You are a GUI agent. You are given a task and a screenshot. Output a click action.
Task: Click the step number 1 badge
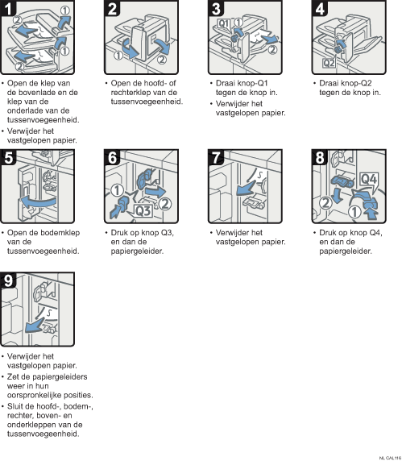point(8,8)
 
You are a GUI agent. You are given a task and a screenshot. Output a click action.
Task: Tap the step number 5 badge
point(8,157)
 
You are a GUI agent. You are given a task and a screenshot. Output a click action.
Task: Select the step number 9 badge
point(8,280)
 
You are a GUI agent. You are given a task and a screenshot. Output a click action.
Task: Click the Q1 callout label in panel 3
point(224,23)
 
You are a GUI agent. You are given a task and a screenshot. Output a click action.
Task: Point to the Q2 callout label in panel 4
point(329,63)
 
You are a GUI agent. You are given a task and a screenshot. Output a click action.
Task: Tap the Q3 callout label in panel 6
point(143,210)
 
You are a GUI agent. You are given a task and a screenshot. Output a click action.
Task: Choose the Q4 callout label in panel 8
point(369,179)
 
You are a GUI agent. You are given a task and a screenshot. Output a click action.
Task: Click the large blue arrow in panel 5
point(37,201)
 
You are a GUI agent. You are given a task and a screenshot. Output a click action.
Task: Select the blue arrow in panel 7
point(246,188)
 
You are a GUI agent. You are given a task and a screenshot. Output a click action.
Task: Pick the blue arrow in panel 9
point(35,325)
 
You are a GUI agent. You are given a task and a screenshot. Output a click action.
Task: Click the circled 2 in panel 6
point(165,204)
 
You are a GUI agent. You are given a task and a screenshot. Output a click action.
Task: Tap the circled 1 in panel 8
point(354,212)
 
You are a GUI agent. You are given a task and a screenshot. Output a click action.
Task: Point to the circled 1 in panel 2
point(118,55)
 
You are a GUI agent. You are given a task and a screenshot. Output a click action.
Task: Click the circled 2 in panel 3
point(273,50)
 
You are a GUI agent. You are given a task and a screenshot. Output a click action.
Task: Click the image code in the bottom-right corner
point(390,458)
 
